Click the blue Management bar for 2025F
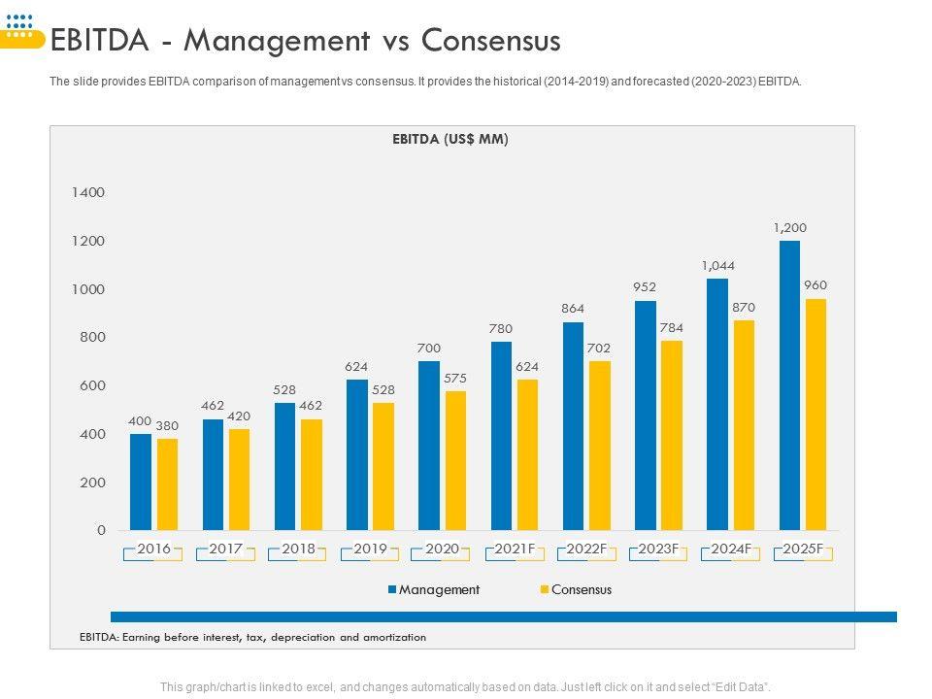[x=789, y=385]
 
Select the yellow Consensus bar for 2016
[x=167, y=484]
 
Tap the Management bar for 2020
[x=429, y=446]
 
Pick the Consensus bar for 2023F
[x=672, y=435]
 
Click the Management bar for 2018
[x=285, y=466]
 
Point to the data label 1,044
[x=717, y=265]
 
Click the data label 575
[x=455, y=378]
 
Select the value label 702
[x=599, y=347]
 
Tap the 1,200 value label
[x=789, y=227]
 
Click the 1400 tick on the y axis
[x=87, y=192]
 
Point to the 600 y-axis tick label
[x=91, y=385]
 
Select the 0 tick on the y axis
[x=101, y=530]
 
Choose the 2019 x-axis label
[x=370, y=549]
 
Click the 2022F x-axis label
[x=586, y=549]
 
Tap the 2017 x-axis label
[x=226, y=549]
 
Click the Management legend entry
[x=439, y=589]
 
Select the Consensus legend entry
[x=581, y=589]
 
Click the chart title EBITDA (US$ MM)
[x=450, y=139]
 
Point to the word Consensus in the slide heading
[x=492, y=41]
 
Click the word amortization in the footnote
[x=388, y=637]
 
